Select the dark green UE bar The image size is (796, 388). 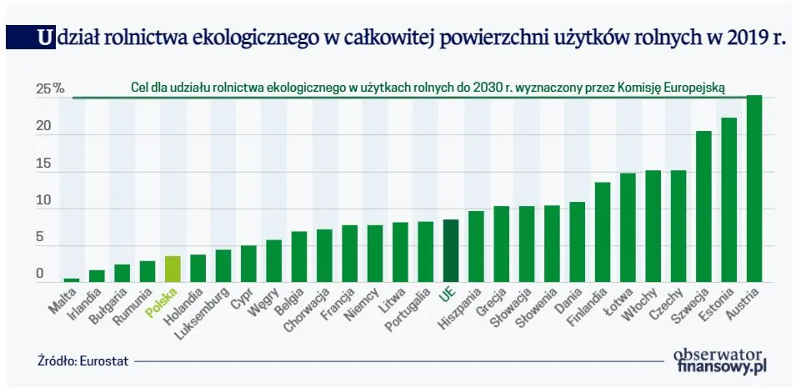click(x=450, y=250)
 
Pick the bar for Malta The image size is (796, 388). click(x=73, y=280)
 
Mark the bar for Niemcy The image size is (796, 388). click(x=375, y=254)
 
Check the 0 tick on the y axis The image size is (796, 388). click(x=39, y=274)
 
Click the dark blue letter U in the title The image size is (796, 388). click(x=42, y=38)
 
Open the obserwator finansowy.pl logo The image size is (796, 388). click(x=719, y=360)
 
